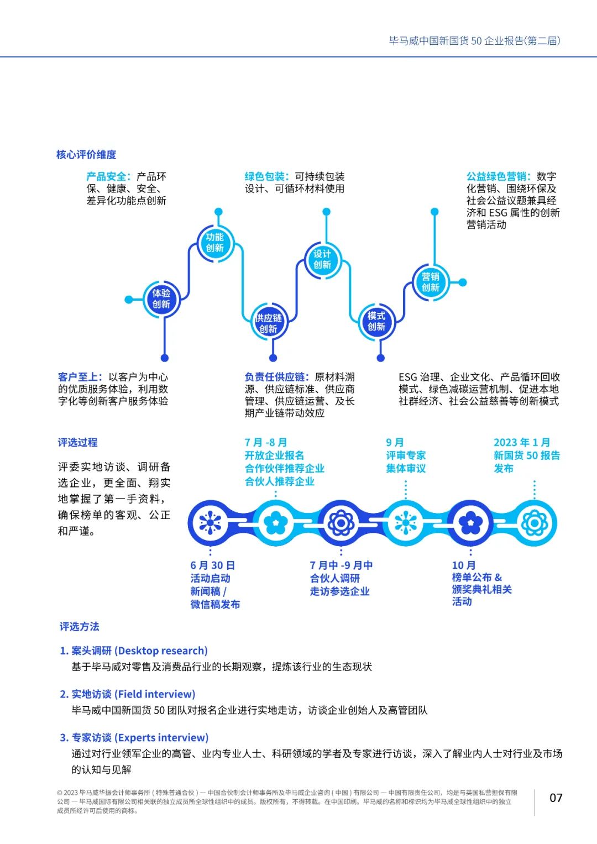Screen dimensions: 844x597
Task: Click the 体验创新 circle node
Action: pyautogui.click(x=161, y=299)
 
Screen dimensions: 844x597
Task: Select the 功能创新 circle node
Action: pyautogui.click(x=215, y=243)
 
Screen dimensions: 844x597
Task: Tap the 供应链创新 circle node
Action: pyautogui.click(x=269, y=323)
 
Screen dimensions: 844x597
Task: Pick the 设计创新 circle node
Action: pyautogui.click(x=322, y=259)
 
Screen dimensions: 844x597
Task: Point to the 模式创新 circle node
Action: pyautogui.click(x=376, y=321)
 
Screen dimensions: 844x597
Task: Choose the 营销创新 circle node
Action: pyautogui.click(x=431, y=282)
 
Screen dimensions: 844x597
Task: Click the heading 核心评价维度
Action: pyautogui.click(x=86, y=155)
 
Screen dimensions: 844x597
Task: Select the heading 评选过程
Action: pyautogui.click(x=78, y=442)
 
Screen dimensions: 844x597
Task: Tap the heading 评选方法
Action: pyautogui.click(x=80, y=626)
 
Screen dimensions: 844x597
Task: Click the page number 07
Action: pyautogui.click(x=556, y=798)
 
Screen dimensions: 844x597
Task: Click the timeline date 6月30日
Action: pyautogui.click(x=213, y=565)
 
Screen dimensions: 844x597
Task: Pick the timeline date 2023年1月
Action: pyautogui.click(x=522, y=442)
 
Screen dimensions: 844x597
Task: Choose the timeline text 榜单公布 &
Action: pyautogui.click(x=476, y=577)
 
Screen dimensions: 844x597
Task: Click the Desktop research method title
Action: pyautogui.click(x=134, y=651)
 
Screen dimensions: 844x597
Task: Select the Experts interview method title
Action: pyautogui.click(x=134, y=737)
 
